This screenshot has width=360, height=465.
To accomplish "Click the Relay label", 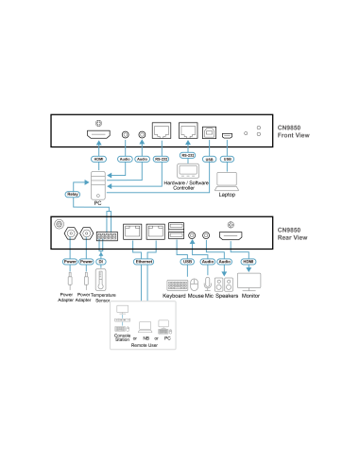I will pyautogui.click(x=72, y=194).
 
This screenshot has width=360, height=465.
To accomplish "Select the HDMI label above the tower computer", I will pyautogui.click(x=98, y=159).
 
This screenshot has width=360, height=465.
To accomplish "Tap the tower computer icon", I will pyautogui.click(x=98, y=185).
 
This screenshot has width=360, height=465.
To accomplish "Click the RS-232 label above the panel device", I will pyautogui.click(x=187, y=154).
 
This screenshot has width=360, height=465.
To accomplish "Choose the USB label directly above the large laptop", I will pyautogui.click(x=227, y=159).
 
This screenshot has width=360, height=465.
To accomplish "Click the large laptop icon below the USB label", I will pyautogui.click(x=227, y=181).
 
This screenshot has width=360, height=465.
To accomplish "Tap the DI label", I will pyautogui.click(x=101, y=261).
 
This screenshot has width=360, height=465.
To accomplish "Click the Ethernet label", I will pyautogui.click(x=143, y=261).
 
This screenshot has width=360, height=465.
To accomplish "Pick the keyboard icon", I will pyautogui.click(x=177, y=284).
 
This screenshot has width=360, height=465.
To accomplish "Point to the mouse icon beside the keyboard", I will pyautogui.click(x=194, y=284).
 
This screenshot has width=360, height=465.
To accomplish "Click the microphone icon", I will pyautogui.click(x=207, y=283).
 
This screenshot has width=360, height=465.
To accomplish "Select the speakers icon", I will pyautogui.click(x=223, y=284).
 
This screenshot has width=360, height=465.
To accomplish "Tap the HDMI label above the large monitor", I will pyautogui.click(x=249, y=261).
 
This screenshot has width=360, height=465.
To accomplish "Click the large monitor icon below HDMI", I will pyautogui.click(x=249, y=282).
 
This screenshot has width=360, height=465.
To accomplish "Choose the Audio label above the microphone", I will pyautogui.click(x=207, y=261).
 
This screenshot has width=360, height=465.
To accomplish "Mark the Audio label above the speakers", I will pyautogui.click(x=224, y=261).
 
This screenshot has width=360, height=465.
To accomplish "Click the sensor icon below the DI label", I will pyautogui.click(x=101, y=282).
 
